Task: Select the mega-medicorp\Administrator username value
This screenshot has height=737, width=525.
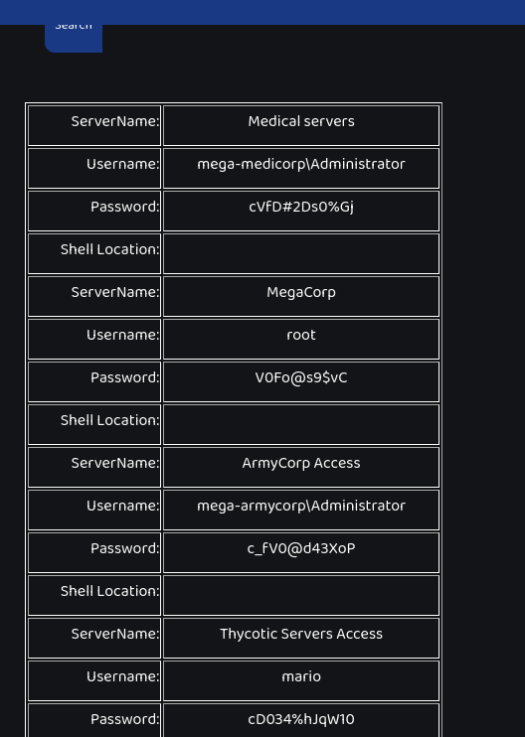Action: point(301,165)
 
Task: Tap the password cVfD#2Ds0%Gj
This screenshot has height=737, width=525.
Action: point(301,208)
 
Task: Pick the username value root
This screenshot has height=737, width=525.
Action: point(301,335)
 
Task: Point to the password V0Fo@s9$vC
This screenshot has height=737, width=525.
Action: point(301,377)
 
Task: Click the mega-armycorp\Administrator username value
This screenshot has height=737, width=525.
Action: point(301,507)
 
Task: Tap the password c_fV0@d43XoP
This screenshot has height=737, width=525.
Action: point(301,549)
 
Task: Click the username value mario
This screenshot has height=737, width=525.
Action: point(301,676)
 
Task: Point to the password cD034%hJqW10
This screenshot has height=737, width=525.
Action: point(301,719)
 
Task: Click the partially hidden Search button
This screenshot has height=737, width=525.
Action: point(74,38)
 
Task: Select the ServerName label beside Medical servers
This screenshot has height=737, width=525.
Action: point(115,122)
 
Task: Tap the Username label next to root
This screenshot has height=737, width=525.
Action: point(122,335)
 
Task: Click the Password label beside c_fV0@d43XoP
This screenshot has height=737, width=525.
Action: point(125,549)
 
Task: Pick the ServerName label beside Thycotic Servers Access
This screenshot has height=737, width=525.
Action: point(115,634)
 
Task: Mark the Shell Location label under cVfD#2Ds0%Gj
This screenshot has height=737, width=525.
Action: point(110,249)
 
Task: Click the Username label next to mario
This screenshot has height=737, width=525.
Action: point(122,676)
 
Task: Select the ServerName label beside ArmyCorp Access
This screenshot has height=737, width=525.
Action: point(115,464)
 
